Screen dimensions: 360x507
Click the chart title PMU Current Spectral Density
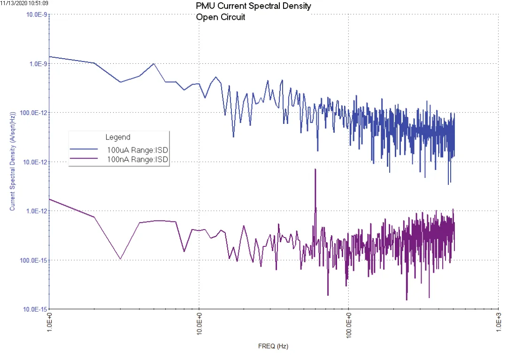pyautogui.click(x=253, y=7)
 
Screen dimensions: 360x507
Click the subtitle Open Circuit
pyautogui.click(x=220, y=17)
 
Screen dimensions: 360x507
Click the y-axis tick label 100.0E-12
pyautogui.click(x=32, y=113)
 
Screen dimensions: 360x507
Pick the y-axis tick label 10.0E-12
pyautogui.click(x=34, y=162)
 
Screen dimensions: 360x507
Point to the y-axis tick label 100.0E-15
pyautogui.click(x=32, y=260)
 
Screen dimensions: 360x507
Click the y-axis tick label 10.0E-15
pyautogui.click(x=34, y=309)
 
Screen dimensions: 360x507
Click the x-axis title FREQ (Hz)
pyautogui.click(x=273, y=347)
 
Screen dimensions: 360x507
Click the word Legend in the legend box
pyautogui.click(x=117, y=138)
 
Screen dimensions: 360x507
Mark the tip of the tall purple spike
pyautogui.click(x=315, y=169)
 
